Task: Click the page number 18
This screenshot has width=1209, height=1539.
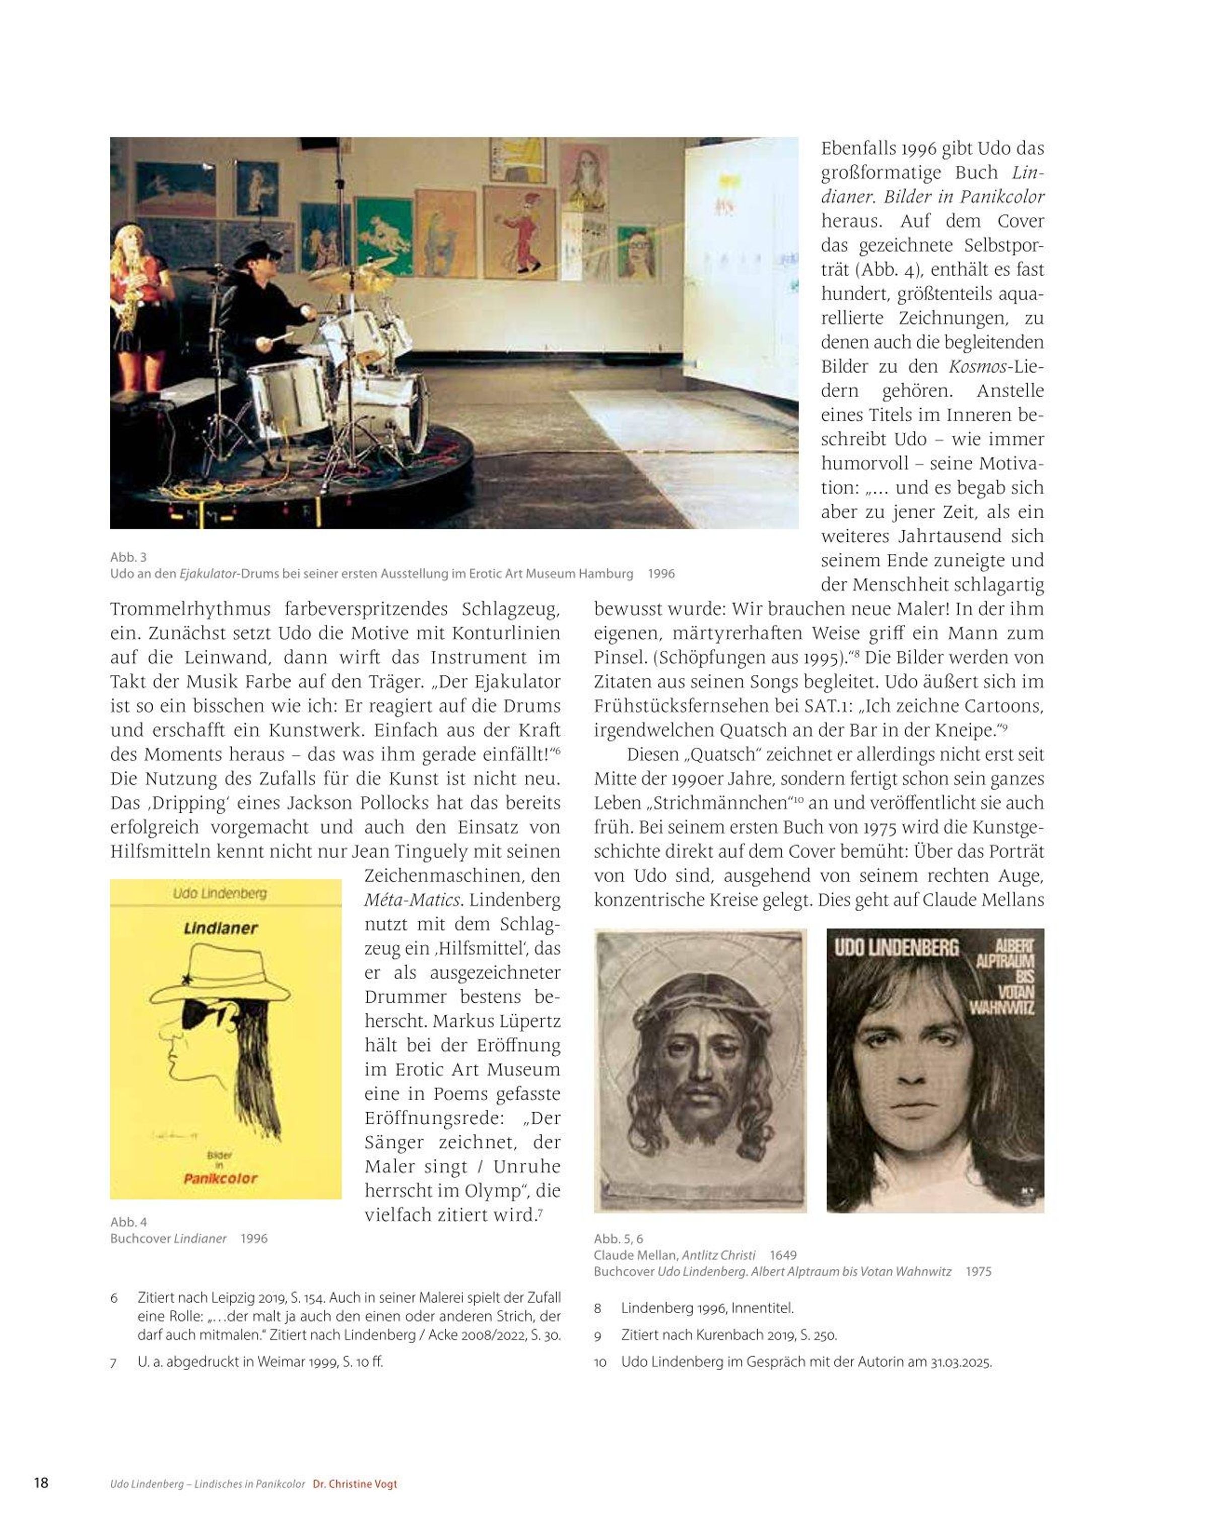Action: tap(41, 1483)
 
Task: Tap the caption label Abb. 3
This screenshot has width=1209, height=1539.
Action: tap(128, 557)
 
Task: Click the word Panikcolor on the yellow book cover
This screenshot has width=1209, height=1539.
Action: tap(220, 1179)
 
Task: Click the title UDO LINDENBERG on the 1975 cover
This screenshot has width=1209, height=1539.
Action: tap(896, 948)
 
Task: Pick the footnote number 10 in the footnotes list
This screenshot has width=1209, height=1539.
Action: tap(600, 1363)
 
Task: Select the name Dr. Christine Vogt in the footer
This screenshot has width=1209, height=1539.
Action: tap(355, 1485)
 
